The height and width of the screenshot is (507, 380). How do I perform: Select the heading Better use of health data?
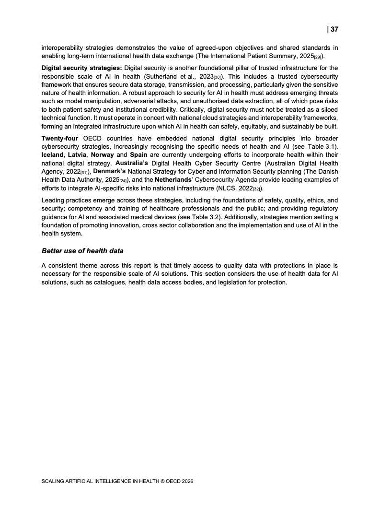[x=82, y=250]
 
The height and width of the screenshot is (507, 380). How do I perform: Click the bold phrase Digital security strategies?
[x=82, y=68]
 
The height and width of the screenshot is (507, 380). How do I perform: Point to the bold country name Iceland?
[x=54, y=155]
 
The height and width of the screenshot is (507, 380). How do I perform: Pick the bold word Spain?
[x=138, y=155]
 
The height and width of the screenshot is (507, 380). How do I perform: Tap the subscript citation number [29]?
[x=320, y=57]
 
